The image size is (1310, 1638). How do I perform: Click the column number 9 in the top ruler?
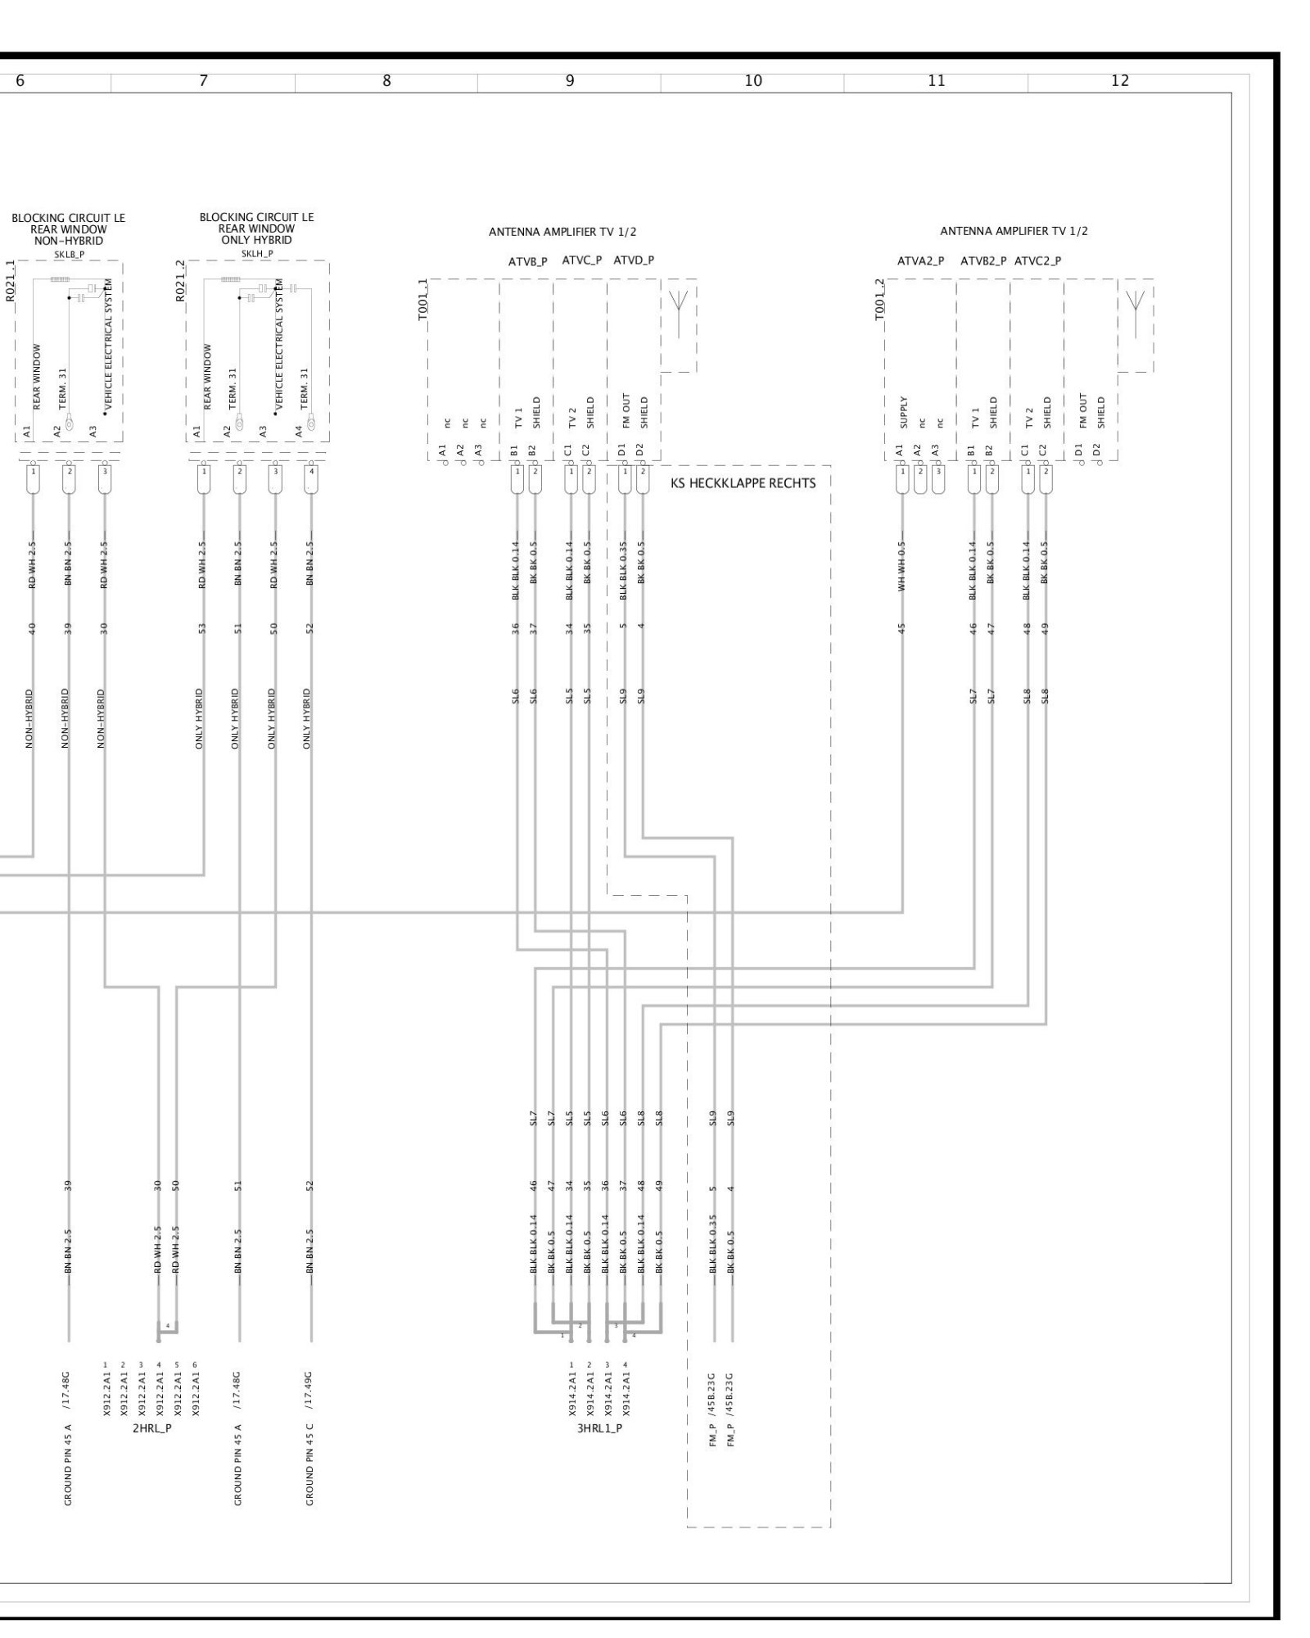pyautogui.click(x=569, y=81)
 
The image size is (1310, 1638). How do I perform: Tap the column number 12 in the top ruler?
pyautogui.click(x=1120, y=81)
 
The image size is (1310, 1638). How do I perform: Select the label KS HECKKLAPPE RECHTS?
pyautogui.click(x=743, y=483)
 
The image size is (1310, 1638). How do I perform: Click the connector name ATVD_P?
pyautogui.click(x=634, y=260)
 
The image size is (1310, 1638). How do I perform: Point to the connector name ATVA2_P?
pyautogui.click(x=920, y=261)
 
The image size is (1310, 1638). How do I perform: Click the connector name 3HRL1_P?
pyautogui.click(x=599, y=1428)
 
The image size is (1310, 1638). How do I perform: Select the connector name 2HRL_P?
pyautogui.click(x=151, y=1428)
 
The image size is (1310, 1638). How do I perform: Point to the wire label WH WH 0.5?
pyautogui.click(x=902, y=566)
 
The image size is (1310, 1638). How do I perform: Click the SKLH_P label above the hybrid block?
pyautogui.click(x=257, y=254)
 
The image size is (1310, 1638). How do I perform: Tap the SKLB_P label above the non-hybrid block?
pyautogui.click(x=69, y=254)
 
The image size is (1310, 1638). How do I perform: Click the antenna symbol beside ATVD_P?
pyautogui.click(x=678, y=305)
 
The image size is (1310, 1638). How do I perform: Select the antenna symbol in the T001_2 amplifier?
pyautogui.click(x=1135, y=305)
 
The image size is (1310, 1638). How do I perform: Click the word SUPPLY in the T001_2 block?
pyautogui.click(x=903, y=413)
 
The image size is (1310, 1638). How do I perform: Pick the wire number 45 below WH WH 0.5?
pyautogui.click(x=902, y=629)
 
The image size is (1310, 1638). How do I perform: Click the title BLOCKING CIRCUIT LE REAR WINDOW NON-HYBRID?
pyautogui.click(x=68, y=229)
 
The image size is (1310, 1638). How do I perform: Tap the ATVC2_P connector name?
pyautogui.click(x=1037, y=261)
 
